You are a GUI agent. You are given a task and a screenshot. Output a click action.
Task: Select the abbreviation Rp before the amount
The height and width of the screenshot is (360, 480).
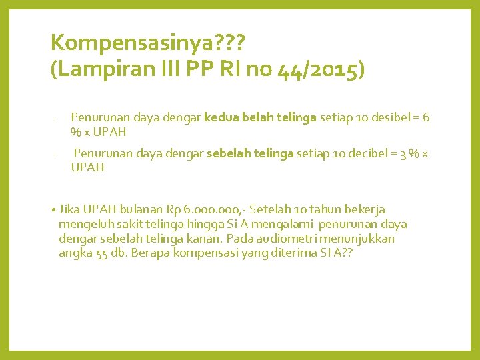[x=173, y=209]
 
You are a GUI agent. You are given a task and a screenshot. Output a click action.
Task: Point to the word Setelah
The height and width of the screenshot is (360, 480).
[x=272, y=209]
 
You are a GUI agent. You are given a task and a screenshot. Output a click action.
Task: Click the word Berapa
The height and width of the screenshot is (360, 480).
[x=151, y=253]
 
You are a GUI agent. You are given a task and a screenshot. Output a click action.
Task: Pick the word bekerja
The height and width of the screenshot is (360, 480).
[x=363, y=209]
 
